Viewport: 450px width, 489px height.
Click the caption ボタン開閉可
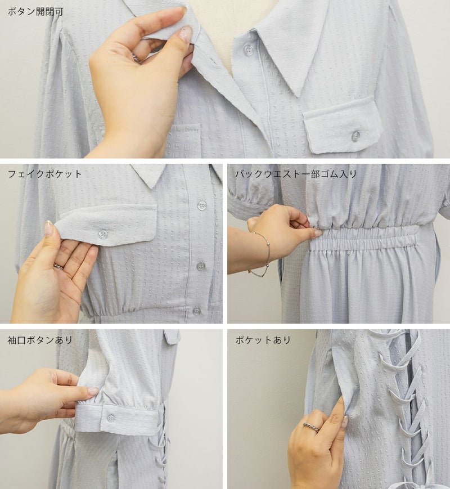[35, 12]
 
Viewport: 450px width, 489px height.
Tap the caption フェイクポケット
[44, 174]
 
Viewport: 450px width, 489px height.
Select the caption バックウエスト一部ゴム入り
[296, 174]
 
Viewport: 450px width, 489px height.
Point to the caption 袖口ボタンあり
[40, 340]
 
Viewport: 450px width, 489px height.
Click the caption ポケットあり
[263, 340]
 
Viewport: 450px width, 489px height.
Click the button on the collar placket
[248, 50]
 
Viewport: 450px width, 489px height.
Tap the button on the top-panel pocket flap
[355, 136]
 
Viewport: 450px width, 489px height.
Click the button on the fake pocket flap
[102, 235]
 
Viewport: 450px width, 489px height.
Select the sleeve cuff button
[111, 418]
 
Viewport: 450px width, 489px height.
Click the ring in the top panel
[136, 58]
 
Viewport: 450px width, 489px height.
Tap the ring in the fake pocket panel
[59, 267]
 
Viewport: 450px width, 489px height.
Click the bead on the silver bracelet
[267, 245]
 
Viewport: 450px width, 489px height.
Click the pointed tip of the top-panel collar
[300, 96]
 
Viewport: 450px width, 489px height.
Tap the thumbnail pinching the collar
[186, 33]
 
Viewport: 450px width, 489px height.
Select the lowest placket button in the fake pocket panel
[196, 311]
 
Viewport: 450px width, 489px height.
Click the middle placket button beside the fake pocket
[201, 266]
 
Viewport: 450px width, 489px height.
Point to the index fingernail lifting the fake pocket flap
[48, 228]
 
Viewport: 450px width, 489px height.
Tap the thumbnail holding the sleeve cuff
[93, 391]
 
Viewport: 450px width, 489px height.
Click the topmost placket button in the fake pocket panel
[202, 205]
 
